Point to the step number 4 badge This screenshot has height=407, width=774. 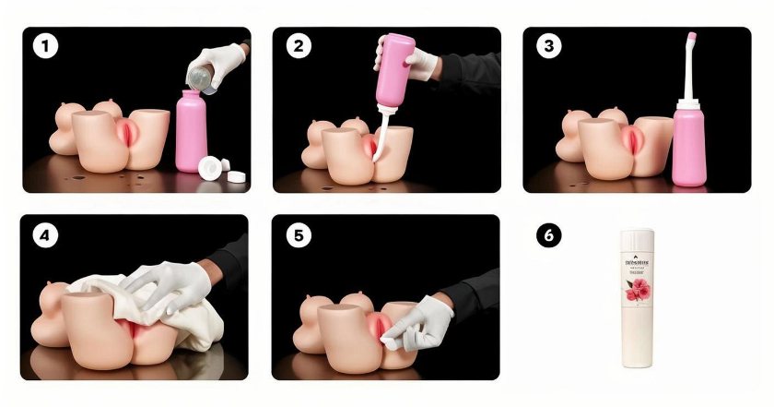tap(42, 236)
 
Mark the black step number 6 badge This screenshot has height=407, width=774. tap(549, 236)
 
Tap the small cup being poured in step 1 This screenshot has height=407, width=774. tap(202, 78)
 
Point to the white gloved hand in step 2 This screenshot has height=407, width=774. tap(421, 63)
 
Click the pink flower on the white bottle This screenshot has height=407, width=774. tap(636, 293)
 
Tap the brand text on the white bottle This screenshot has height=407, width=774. tap(636, 259)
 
